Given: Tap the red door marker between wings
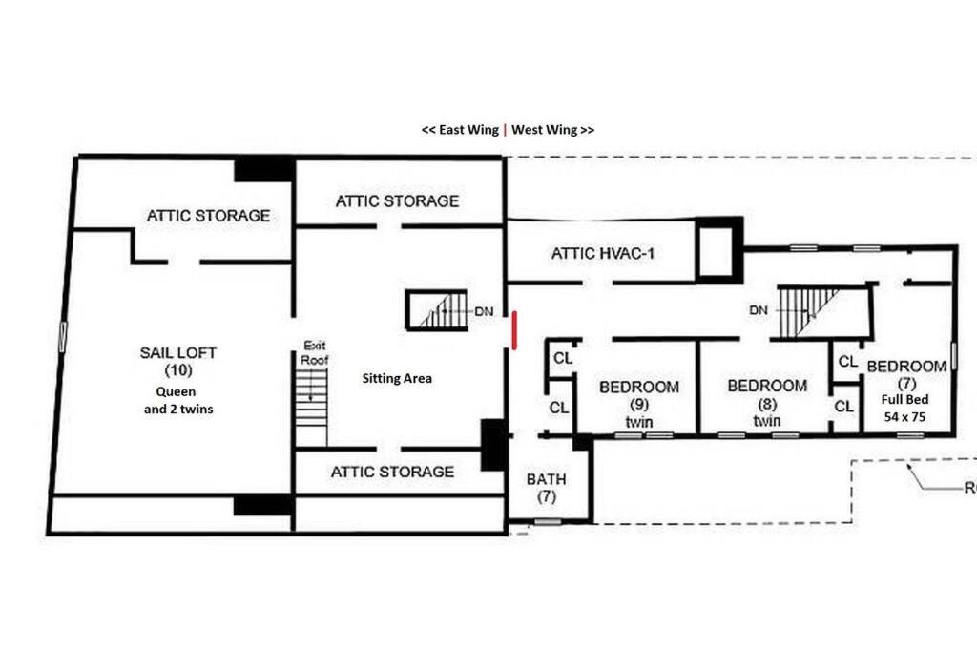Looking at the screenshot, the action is (514, 330).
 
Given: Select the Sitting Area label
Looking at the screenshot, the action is (397, 378).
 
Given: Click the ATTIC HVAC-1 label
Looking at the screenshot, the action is (603, 253).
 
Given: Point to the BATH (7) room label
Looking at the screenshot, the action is (547, 488).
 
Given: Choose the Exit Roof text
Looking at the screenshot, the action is (315, 352).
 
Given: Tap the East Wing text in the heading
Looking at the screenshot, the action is (468, 129).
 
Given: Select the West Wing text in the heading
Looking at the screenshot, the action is (544, 129).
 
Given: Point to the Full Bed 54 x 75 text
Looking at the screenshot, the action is (904, 408).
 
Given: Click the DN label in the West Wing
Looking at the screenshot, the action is (759, 310).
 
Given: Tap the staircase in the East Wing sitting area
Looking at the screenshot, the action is (437, 310).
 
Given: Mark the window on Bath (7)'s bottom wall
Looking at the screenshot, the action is (548, 522).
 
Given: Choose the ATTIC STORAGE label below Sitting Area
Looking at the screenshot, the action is (392, 472).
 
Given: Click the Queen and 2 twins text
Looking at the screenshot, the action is (178, 400).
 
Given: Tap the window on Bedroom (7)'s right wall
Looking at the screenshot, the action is (953, 360).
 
